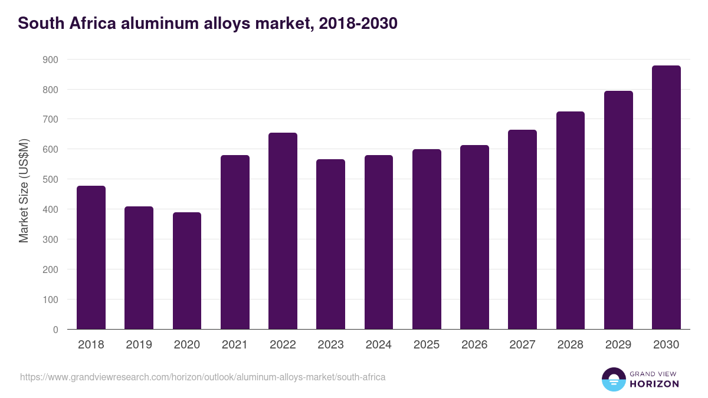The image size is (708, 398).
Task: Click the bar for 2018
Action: [x=91, y=258]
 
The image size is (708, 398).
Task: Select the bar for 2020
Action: [x=187, y=271]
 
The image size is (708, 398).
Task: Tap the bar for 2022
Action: [x=283, y=231]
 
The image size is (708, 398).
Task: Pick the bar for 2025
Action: [x=427, y=239]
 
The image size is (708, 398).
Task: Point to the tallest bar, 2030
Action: [x=666, y=198]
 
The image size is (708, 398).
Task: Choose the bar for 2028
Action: [x=570, y=221]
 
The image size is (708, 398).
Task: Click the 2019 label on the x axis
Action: [x=139, y=345]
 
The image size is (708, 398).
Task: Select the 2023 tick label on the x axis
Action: [x=330, y=345]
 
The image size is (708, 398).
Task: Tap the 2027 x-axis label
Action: [x=522, y=345]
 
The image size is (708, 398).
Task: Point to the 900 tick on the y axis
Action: [x=50, y=60]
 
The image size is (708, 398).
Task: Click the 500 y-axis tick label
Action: [x=50, y=179]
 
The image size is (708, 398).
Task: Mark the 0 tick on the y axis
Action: [x=55, y=330]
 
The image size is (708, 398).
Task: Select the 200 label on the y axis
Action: [x=50, y=269]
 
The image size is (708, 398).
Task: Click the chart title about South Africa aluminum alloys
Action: [x=208, y=24]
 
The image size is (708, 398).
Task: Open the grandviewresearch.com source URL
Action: [x=203, y=377]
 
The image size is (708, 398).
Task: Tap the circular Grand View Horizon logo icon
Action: [x=613, y=379]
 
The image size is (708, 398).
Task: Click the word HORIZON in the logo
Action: [x=654, y=384]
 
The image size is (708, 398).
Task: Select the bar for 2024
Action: [x=379, y=242]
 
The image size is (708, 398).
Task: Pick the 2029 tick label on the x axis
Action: [x=618, y=345]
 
